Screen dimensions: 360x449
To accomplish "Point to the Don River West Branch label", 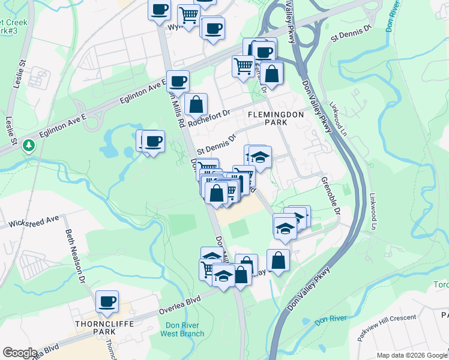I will (x=184, y=329).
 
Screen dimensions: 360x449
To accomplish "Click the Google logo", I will (x=20, y=353).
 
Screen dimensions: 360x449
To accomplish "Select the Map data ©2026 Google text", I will (x=412, y=355).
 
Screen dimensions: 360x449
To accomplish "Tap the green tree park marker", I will (x=28, y=145).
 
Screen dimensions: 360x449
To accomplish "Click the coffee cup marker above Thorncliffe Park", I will (x=107, y=302).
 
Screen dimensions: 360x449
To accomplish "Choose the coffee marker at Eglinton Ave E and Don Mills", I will (x=177, y=82).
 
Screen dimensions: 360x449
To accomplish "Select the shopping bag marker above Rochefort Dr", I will (x=196, y=104).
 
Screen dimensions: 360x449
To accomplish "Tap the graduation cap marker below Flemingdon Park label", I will (x=260, y=158).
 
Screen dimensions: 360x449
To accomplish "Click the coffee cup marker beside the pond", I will (x=153, y=142).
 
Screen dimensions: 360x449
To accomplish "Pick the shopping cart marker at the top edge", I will (x=188, y=15).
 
